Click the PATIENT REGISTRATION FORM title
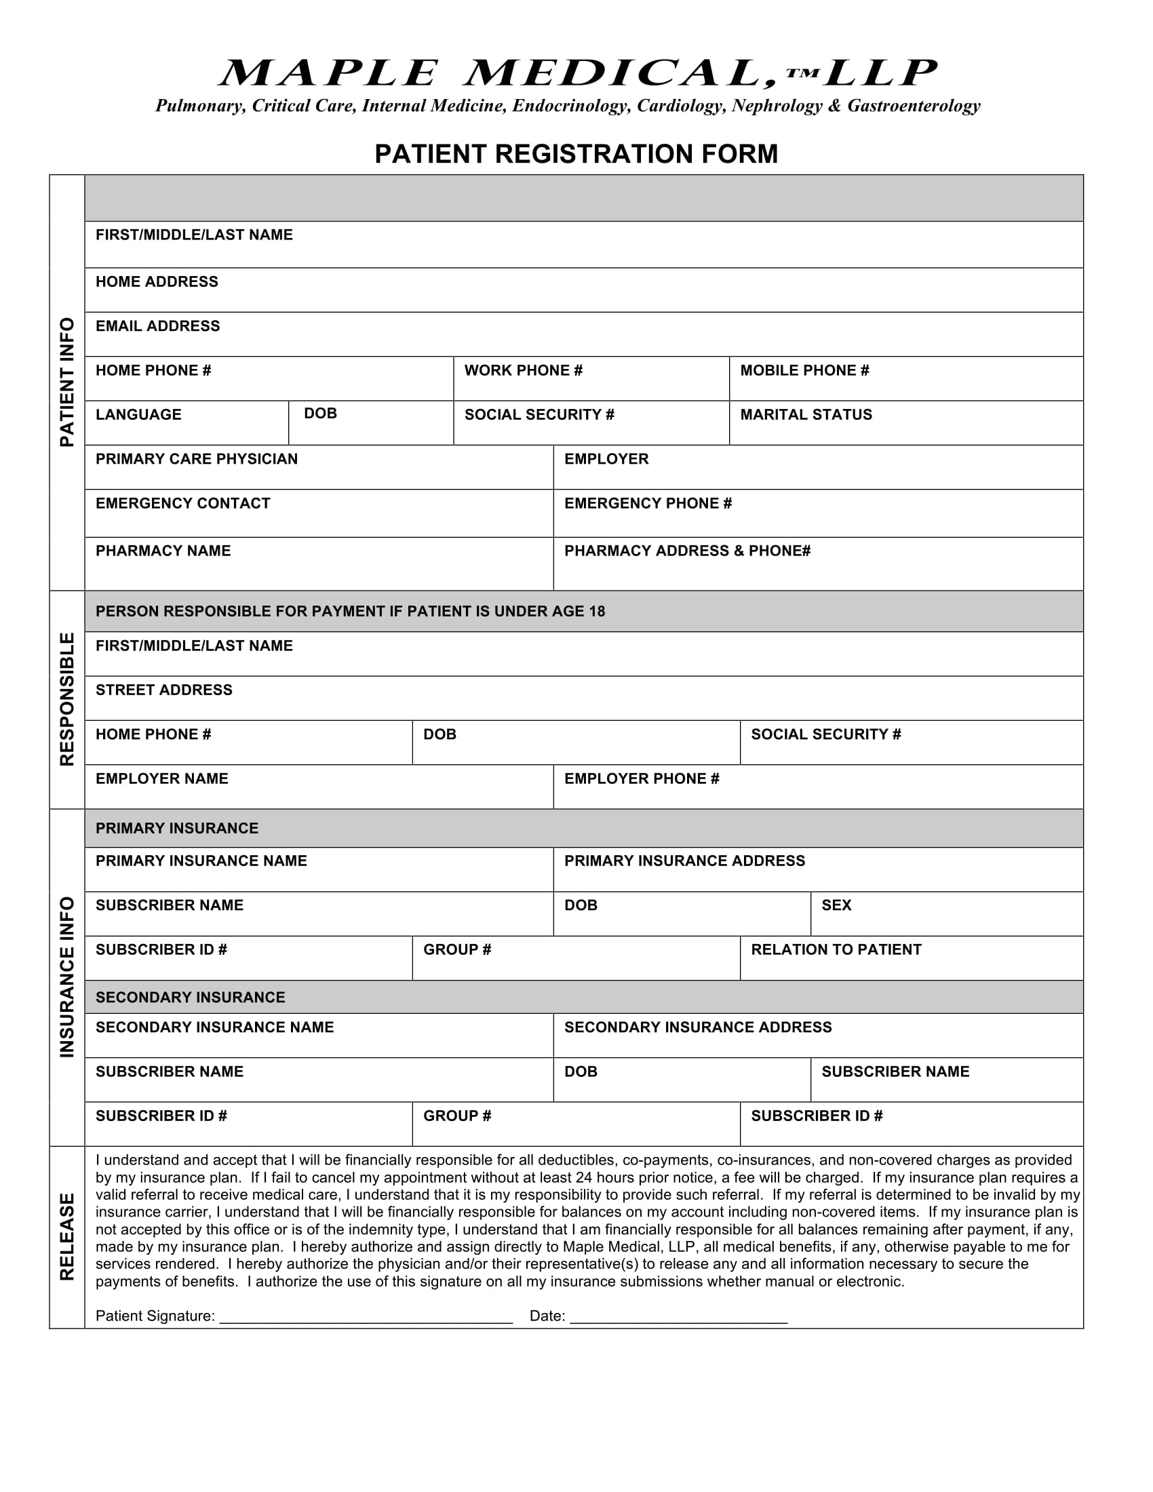576,154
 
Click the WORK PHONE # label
523,370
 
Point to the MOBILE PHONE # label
804,370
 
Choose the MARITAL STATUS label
806,414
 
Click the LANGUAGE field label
138,414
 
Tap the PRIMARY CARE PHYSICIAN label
197,459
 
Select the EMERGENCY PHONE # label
648,503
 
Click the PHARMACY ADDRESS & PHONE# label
687,551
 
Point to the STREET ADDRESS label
164,690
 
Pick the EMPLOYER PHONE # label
642,779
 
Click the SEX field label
836,905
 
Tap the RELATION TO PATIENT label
836,949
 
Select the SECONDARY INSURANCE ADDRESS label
697,1027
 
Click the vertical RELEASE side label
67,1236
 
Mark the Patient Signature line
366,1317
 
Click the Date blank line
678,1317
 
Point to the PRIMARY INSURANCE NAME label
201,861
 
